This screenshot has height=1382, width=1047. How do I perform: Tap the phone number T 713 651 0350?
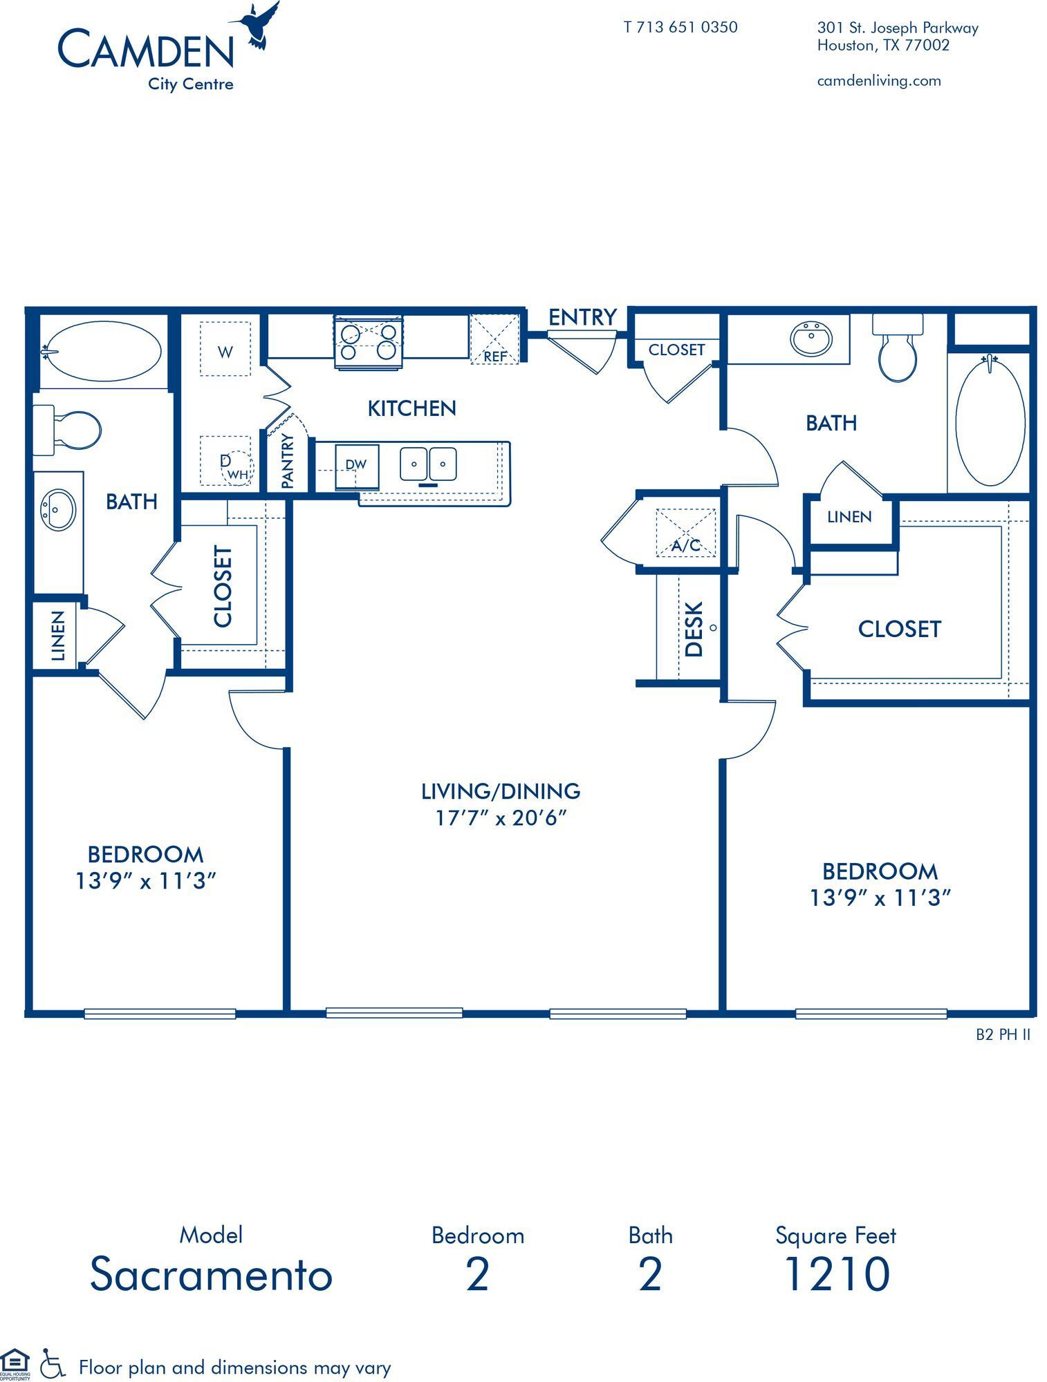pos(680,27)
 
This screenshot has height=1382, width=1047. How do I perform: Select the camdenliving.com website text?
pos(878,81)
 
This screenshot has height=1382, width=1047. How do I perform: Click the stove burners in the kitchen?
pos(368,341)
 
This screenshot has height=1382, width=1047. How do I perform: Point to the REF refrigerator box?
pos(494,339)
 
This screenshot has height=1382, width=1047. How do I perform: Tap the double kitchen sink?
pos(428,464)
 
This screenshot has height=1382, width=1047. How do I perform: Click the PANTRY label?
pos(288,461)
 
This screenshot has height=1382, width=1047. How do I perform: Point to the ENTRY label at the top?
pos(582,317)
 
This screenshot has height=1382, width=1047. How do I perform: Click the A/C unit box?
pos(685,533)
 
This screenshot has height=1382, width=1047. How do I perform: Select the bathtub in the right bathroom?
pos(990,422)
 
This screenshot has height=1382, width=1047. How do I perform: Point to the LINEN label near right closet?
pos(849,516)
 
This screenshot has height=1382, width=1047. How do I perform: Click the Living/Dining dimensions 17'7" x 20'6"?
pos(501,817)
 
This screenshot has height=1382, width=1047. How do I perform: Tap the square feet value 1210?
pos(836,1274)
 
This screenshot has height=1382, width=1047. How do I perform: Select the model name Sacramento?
pos(211,1274)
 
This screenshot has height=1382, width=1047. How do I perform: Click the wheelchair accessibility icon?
pos(52,1363)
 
